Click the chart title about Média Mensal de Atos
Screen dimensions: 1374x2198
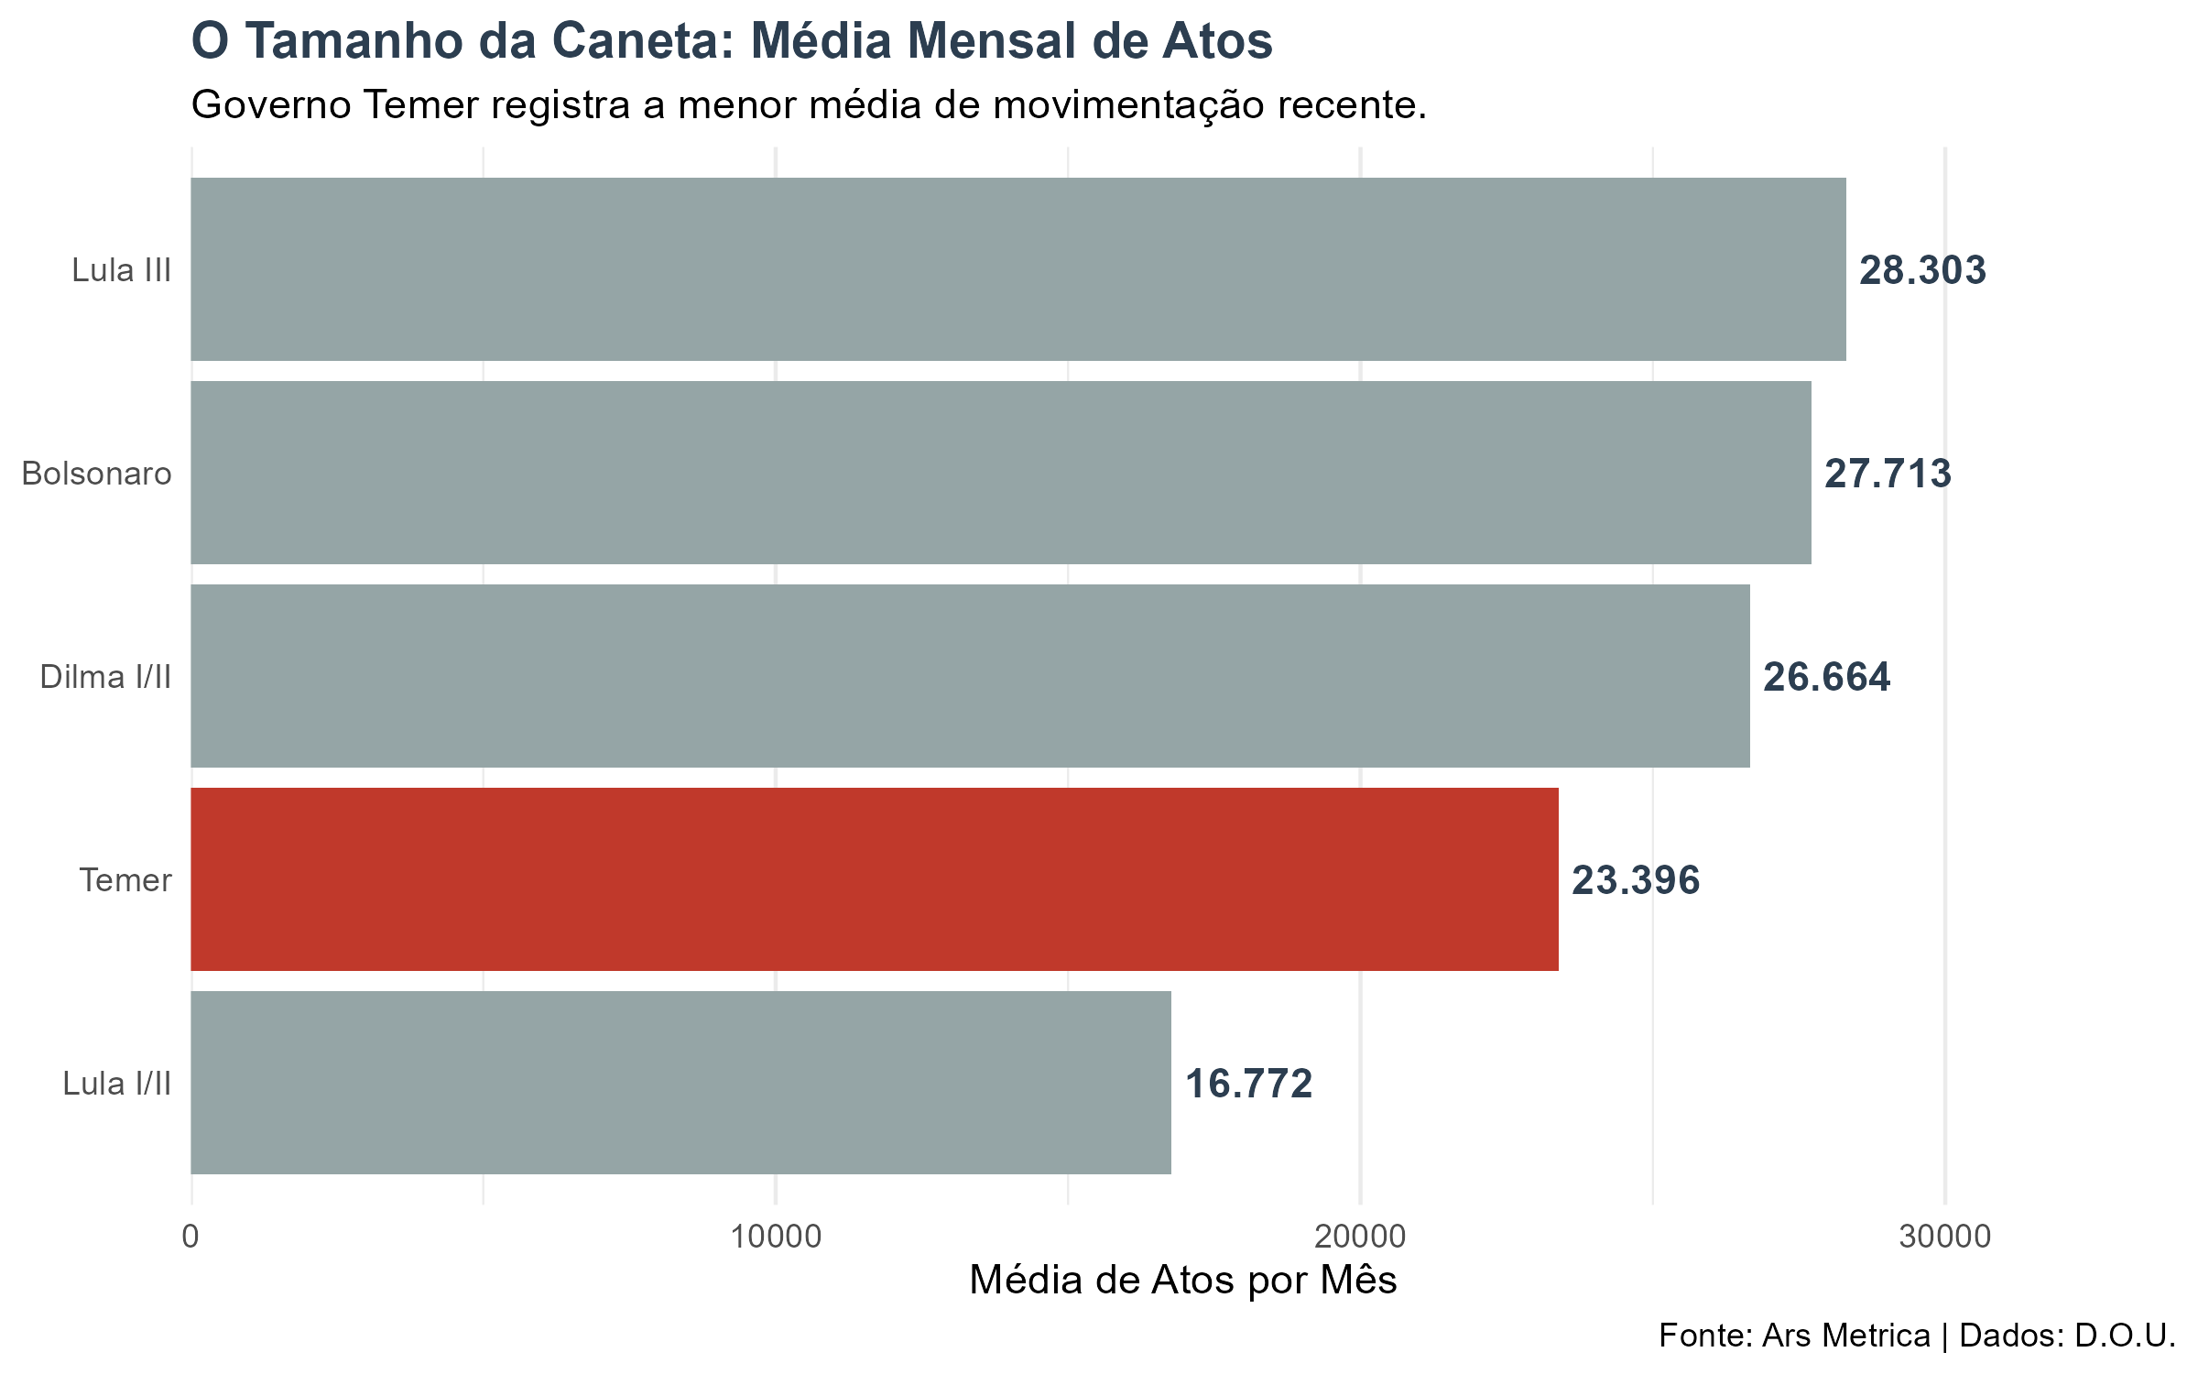tap(731, 42)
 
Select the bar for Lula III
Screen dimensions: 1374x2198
tap(1017, 269)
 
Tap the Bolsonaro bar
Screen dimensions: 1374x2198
tap(1000, 473)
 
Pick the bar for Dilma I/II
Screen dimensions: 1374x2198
tap(970, 676)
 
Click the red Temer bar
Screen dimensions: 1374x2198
tap(874, 879)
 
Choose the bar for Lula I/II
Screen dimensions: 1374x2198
tap(680, 1083)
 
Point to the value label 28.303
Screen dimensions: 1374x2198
tap(1922, 271)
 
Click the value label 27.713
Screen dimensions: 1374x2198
tap(1888, 474)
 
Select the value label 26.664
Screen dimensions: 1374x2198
tap(1826, 678)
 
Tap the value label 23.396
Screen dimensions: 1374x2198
tap(1636, 881)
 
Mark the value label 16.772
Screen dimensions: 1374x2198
tap(1248, 1085)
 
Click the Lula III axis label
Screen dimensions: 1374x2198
tap(122, 271)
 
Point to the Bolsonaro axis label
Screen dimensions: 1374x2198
tap(97, 474)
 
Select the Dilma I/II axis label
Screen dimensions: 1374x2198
tap(106, 678)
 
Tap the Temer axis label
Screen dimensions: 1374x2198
tap(125, 881)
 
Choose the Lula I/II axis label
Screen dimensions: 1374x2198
tap(117, 1085)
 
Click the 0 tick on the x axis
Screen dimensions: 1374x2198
tap(190, 1238)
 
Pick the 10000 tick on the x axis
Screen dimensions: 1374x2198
tap(776, 1238)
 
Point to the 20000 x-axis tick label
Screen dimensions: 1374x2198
tap(1360, 1238)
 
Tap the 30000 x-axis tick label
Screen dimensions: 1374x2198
tap(1944, 1238)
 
